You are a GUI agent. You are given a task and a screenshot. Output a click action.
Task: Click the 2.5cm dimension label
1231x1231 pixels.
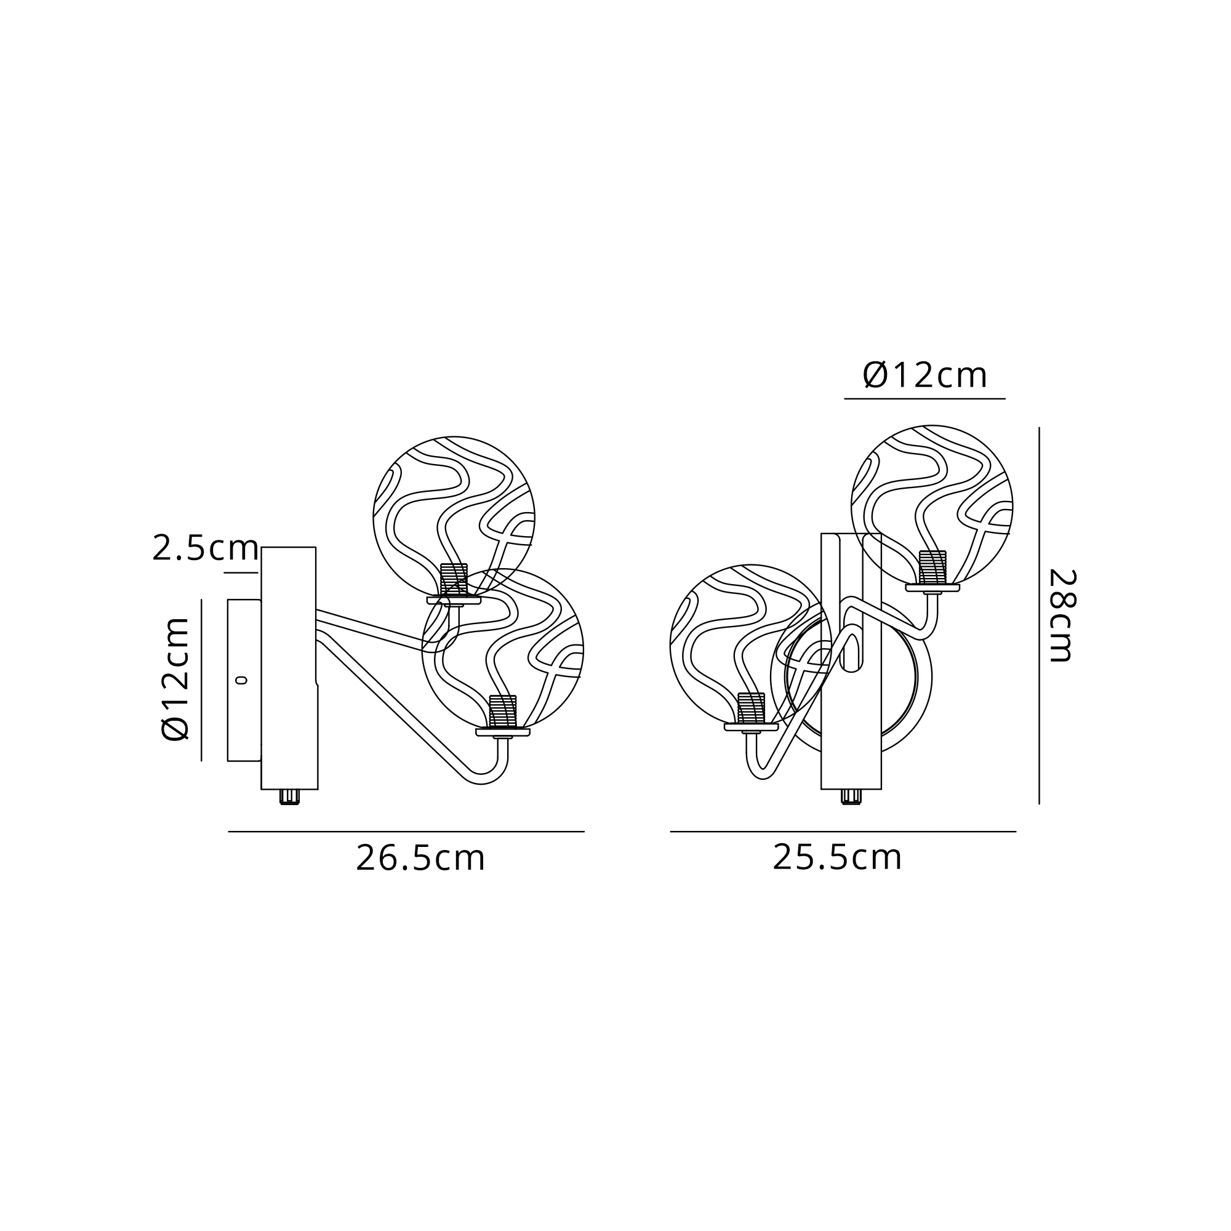[205, 548]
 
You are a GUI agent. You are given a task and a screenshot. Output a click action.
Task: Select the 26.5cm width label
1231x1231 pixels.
[420, 858]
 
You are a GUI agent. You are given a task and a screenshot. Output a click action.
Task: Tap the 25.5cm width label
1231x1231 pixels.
[837, 857]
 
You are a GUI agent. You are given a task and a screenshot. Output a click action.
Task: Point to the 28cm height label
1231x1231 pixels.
[1062, 615]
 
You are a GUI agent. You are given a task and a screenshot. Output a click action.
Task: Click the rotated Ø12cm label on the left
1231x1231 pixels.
[175, 680]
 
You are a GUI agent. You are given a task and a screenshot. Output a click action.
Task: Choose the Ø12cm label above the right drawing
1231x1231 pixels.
[925, 376]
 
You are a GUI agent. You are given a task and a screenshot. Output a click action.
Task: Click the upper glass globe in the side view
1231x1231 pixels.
[454, 518]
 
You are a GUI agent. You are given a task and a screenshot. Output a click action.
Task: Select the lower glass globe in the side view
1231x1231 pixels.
[503, 649]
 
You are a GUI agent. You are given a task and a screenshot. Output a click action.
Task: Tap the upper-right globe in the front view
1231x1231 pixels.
[932, 507]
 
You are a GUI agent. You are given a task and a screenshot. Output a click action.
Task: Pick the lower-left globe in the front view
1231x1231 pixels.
[750, 646]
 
